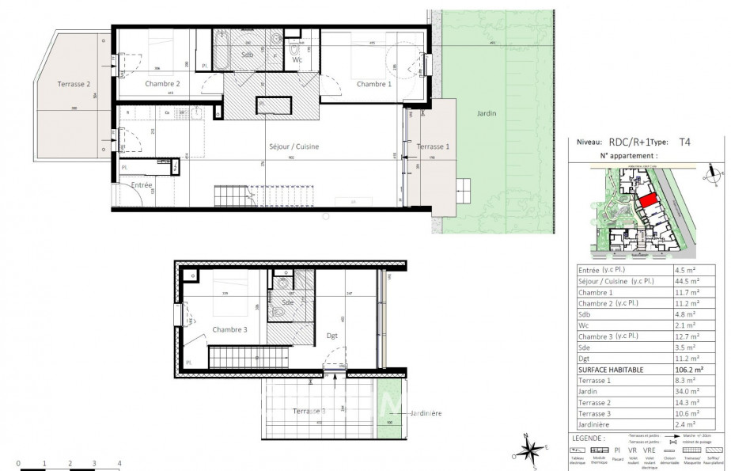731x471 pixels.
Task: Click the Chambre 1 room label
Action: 373,84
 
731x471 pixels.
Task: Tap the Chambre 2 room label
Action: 162,83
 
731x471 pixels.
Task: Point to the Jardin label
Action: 487,113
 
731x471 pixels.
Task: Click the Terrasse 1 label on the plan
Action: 434,147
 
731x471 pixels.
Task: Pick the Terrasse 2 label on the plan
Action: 74,84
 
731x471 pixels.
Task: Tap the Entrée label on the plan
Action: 142,184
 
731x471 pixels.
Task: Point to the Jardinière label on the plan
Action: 426,413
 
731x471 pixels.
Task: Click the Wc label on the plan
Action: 297,60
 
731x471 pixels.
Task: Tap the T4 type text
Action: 686,143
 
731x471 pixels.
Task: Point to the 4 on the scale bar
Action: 119,462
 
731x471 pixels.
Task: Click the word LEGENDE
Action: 590,437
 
